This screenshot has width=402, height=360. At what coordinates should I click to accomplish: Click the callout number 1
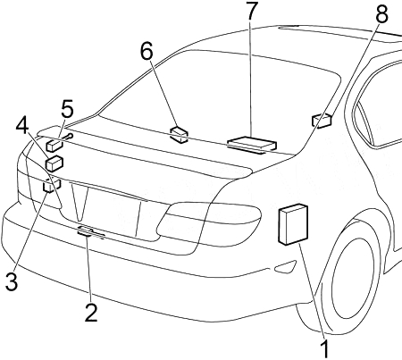(326, 348)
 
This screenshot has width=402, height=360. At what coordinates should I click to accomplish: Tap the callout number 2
(91, 312)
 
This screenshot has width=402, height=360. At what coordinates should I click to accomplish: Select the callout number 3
(12, 281)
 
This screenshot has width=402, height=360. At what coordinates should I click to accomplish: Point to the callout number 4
(22, 127)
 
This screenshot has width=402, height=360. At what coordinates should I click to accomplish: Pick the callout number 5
(67, 109)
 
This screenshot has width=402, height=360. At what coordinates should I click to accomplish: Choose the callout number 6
(147, 51)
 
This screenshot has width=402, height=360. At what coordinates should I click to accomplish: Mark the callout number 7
(251, 11)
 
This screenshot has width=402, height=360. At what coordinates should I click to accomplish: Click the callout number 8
(381, 14)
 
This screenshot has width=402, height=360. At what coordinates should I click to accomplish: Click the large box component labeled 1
(293, 224)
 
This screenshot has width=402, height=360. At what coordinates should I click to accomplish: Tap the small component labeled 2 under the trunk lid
(90, 231)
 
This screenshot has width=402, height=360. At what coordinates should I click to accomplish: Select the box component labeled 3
(52, 186)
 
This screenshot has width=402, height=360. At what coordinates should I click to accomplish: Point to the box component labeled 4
(54, 163)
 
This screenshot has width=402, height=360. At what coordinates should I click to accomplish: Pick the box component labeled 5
(54, 146)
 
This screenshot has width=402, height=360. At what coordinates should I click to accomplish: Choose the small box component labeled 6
(179, 135)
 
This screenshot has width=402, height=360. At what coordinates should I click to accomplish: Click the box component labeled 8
(322, 121)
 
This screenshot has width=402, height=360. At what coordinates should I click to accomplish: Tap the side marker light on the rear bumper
(285, 266)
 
